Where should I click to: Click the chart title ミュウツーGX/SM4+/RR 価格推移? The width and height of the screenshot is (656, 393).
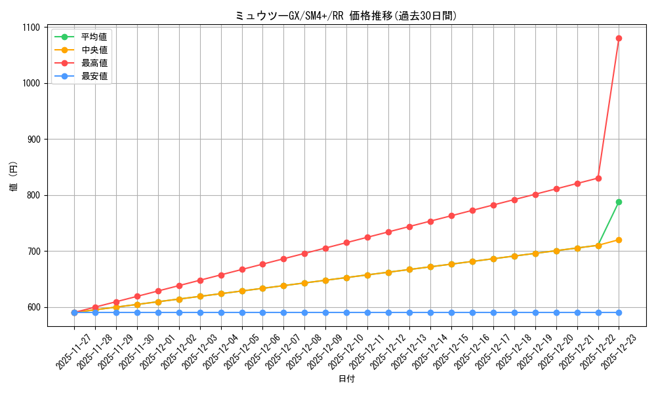pos(346,16)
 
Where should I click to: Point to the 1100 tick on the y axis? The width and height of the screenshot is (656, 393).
pos(31,28)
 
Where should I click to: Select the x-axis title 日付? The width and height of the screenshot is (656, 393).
pos(346,379)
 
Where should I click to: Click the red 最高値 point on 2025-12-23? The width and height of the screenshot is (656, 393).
pos(619,39)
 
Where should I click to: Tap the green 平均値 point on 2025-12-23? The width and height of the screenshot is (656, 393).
pos(619,202)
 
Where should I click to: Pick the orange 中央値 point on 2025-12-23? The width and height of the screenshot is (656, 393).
pos(619,240)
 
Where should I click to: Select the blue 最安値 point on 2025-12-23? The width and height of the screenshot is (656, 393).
pos(619,312)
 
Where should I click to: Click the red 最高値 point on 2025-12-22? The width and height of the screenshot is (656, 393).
pos(598,178)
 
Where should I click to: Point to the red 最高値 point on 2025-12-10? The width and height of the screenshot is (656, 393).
pos(346,242)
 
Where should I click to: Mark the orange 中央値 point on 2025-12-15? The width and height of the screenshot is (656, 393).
pos(451,264)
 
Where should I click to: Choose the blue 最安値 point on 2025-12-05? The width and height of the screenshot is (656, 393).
pos(242,312)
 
